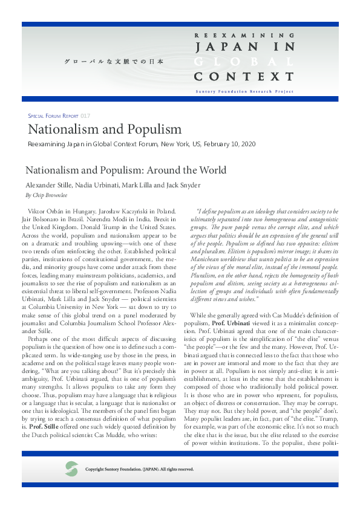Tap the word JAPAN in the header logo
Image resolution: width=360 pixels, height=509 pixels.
tap(223, 47)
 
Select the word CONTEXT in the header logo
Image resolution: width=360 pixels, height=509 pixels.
tap(244, 77)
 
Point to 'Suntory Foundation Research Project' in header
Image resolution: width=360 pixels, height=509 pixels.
tap(244, 91)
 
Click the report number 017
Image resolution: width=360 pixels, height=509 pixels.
tap(85, 115)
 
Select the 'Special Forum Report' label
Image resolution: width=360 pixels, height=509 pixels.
tap(54, 115)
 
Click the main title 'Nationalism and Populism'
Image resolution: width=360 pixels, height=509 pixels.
tap(105, 129)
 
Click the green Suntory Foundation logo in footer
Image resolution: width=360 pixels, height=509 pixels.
tap(71, 468)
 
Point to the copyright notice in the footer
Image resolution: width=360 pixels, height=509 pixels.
tap(139, 469)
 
